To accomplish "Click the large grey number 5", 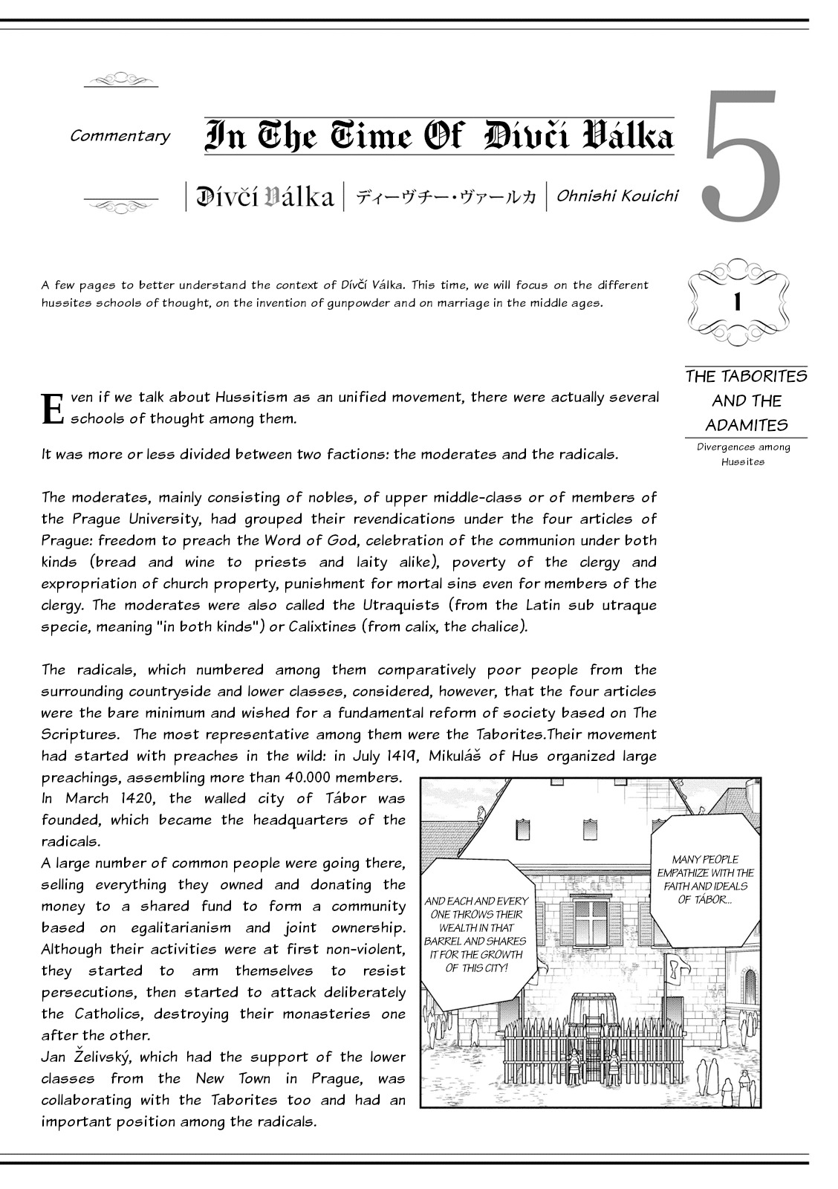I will coord(741,158).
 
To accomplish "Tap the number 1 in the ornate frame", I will coord(737,302).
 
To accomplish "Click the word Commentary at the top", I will coord(120,136).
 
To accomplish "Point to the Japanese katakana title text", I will coord(446,198).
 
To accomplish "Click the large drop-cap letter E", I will coord(52,408).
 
